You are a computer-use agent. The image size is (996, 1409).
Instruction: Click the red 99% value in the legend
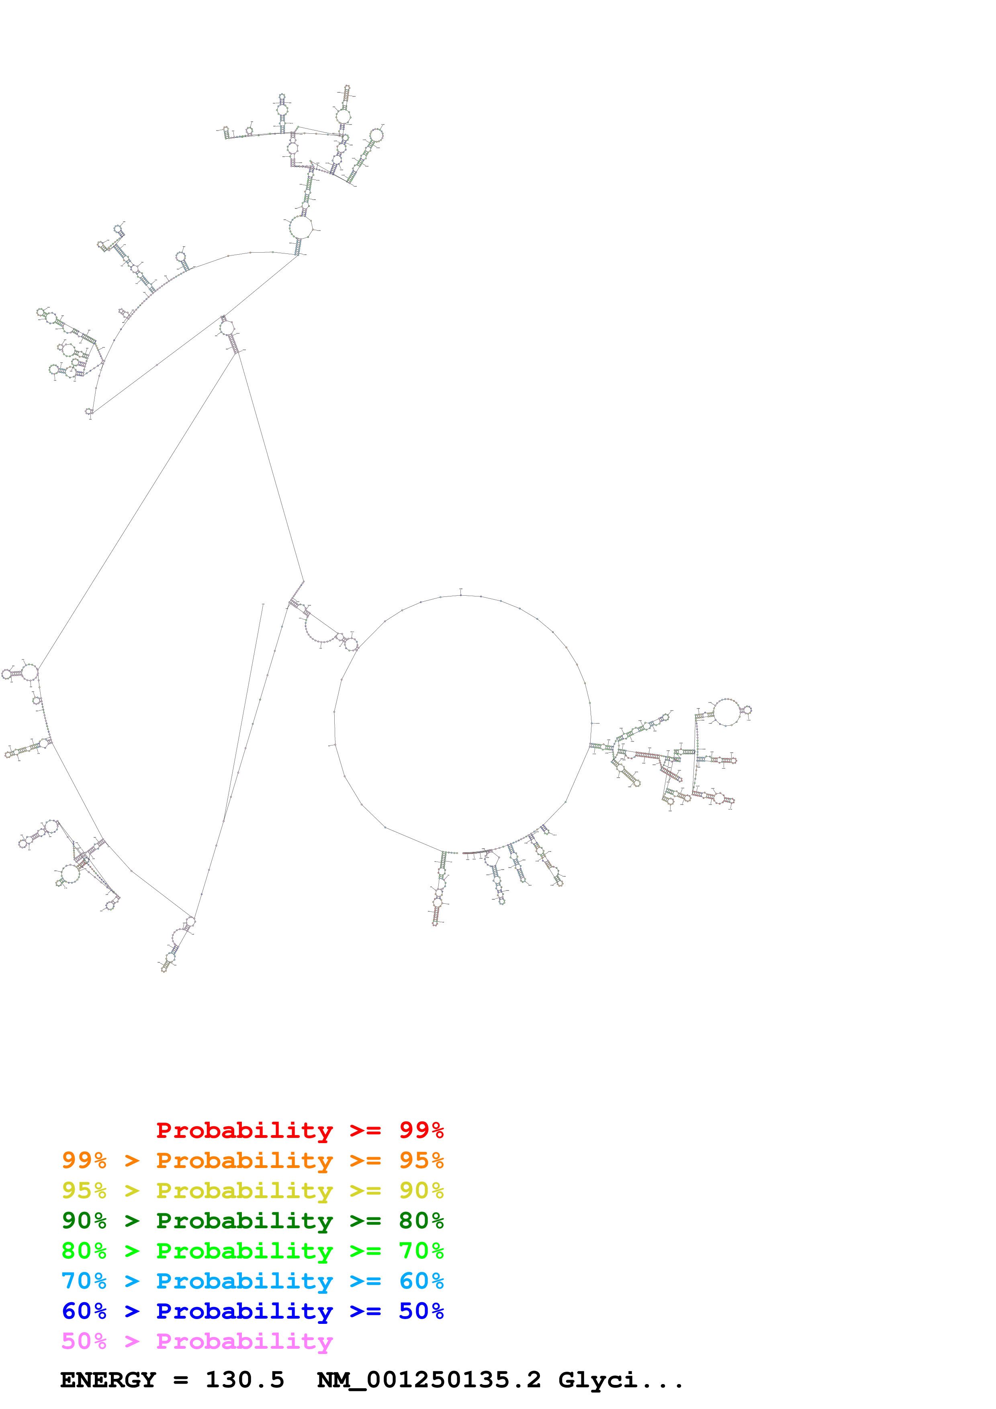coord(421,1130)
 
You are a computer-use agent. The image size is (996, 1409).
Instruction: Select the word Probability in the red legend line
coord(244,1130)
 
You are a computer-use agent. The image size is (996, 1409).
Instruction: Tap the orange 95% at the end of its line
coord(421,1160)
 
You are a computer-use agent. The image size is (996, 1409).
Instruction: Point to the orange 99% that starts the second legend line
coord(84,1160)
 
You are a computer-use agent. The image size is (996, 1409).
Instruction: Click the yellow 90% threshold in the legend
coord(421,1191)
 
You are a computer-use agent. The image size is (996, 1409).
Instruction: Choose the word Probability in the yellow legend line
coord(244,1191)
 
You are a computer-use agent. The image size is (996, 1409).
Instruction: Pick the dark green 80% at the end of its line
coord(421,1221)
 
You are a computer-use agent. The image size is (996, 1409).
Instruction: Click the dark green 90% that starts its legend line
coord(84,1221)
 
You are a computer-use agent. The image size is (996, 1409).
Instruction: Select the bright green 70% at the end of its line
coord(421,1251)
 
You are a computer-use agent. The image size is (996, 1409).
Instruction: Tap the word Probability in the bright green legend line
coord(244,1251)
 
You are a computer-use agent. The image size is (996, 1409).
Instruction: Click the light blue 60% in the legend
coord(421,1281)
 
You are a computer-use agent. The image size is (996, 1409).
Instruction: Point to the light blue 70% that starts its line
coord(84,1281)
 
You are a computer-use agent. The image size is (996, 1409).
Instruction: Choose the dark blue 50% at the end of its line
coord(421,1311)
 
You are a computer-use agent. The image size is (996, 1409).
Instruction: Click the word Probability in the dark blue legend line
coord(244,1311)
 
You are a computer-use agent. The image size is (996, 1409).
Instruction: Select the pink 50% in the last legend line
coord(84,1341)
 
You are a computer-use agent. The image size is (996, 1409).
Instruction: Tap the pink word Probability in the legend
coord(244,1341)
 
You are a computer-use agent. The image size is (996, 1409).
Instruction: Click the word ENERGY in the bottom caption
coord(108,1380)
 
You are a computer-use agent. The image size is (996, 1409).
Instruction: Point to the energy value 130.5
coord(244,1380)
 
